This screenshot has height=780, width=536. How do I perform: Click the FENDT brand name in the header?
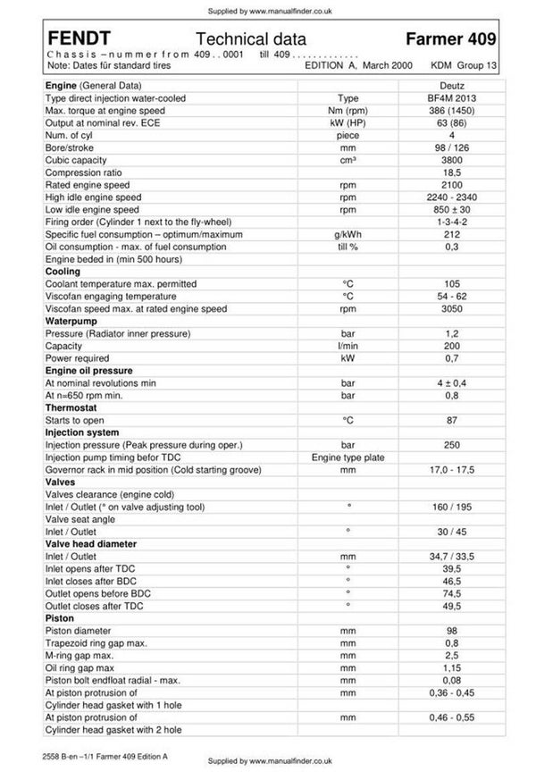click(x=80, y=38)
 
